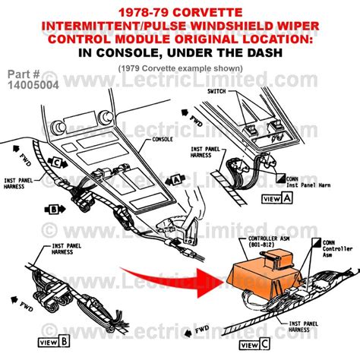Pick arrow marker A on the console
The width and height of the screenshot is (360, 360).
172,179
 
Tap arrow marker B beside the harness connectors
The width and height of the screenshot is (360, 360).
54,208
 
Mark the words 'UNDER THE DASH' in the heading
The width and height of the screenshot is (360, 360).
227,53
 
